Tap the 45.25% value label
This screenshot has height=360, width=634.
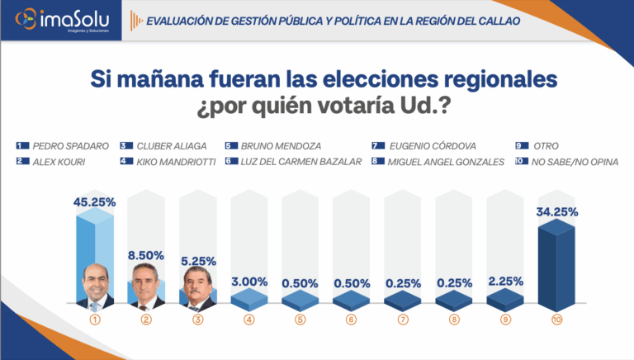pyautogui.click(x=95, y=201)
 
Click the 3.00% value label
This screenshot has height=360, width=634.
pyautogui.click(x=248, y=282)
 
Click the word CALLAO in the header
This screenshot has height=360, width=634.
pyautogui.click(x=494, y=21)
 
